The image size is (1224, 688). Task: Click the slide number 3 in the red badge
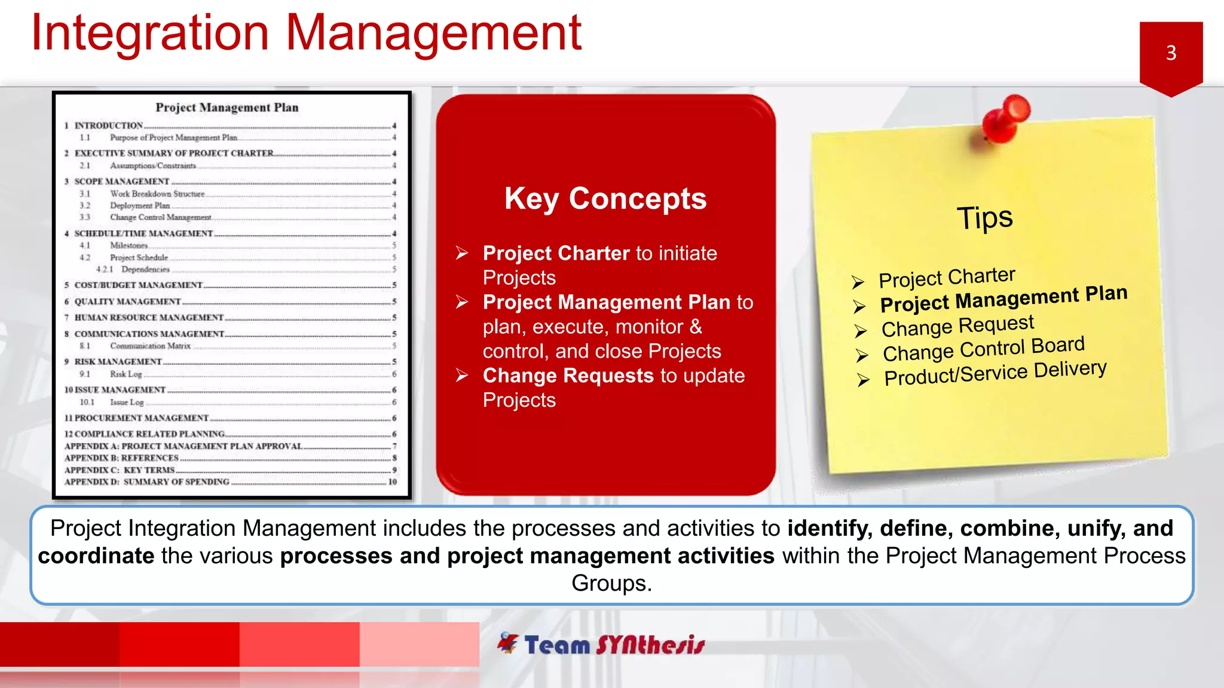[1171, 53]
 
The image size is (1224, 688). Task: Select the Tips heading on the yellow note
[985, 217]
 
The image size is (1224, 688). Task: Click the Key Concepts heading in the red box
[605, 198]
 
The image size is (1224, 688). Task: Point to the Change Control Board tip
[983, 349]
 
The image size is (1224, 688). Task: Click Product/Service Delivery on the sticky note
[995, 373]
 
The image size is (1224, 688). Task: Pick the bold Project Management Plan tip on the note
[1003, 299]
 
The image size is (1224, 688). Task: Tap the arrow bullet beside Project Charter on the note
[858, 282]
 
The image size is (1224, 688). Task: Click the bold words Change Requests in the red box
[568, 376]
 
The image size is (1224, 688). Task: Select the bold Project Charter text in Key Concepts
[556, 253]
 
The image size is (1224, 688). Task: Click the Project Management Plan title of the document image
[227, 107]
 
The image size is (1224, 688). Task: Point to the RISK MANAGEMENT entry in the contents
[118, 362]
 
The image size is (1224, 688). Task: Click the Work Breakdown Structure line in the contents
[157, 193]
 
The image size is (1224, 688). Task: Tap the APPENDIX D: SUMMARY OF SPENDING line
[146, 482]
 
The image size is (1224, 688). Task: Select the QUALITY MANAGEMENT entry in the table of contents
[127, 302]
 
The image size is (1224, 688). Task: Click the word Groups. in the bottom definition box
[611, 583]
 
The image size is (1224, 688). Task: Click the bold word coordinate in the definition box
[96, 556]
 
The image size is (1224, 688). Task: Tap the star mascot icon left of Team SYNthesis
[508, 643]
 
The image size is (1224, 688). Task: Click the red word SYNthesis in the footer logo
[650, 645]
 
